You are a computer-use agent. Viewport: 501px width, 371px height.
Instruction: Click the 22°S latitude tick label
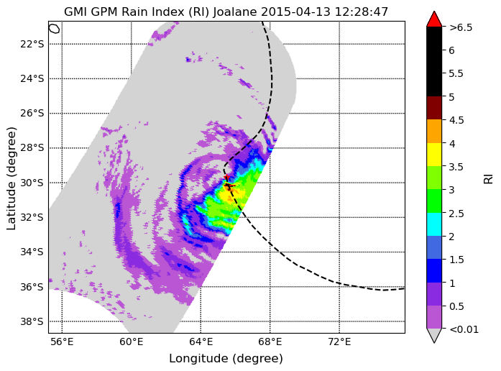[x=32, y=44]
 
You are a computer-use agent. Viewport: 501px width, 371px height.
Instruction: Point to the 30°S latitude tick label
[x=32, y=183]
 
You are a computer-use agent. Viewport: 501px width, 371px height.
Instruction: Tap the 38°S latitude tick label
[x=32, y=321]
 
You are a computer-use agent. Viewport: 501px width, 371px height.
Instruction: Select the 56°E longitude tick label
[x=62, y=342]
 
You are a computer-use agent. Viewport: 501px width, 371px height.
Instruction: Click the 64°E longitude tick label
[x=201, y=342]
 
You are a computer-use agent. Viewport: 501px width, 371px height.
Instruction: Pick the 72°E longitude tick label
[x=339, y=342]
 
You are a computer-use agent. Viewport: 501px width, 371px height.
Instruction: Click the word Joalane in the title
[x=235, y=12]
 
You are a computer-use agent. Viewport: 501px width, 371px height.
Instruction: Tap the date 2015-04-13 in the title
[x=296, y=12]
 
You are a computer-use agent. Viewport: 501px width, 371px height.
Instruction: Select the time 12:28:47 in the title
[x=362, y=12]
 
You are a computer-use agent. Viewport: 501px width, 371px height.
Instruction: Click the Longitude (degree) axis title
[x=226, y=359]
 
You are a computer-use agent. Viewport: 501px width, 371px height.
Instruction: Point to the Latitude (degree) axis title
[x=12, y=178]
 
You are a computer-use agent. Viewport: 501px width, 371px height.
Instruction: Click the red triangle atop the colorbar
[x=434, y=19]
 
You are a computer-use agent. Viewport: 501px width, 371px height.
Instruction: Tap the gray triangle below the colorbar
[x=434, y=335]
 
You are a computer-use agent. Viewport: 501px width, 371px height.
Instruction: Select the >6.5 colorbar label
[x=461, y=27]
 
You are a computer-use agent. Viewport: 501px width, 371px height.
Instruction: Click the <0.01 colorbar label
[x=464, y=329]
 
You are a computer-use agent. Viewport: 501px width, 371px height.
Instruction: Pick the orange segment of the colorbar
[x=434, y=131]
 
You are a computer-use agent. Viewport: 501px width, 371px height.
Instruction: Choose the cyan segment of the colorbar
[x=434, y=224]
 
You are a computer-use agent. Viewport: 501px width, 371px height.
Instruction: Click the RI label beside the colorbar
[x=488, y=179]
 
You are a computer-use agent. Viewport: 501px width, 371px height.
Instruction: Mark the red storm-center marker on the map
[x=226, y=178]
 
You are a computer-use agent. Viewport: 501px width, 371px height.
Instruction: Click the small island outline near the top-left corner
[x=55, y=29]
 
